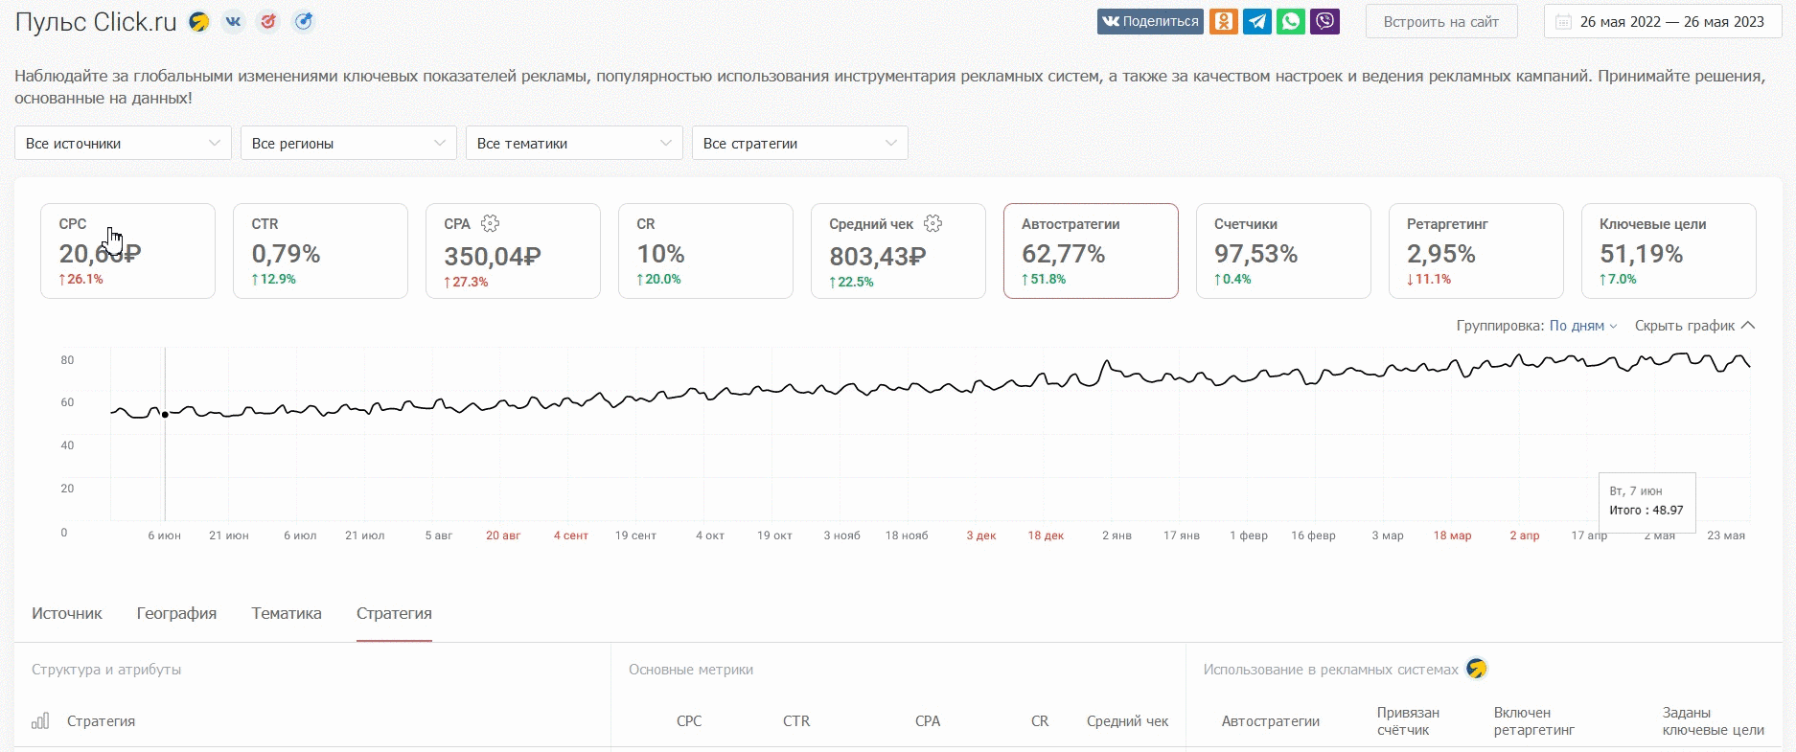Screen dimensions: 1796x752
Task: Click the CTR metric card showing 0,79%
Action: pyautogui.click(x=320, y=251)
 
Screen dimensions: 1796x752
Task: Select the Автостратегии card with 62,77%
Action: pyautogui.click(x=1091, y=251)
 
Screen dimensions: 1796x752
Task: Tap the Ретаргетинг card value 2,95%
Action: pyautogui.click(x=1440, y=254)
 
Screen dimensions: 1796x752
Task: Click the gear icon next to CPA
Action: pyautogui.click(x=490, y=223)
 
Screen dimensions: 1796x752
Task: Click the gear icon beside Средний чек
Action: pyautogui.click(x=933, y=223)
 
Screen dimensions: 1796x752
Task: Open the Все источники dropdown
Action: pyautogui.click(x=123, y=143)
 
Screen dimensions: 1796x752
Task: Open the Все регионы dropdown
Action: pyautogui.click(x=349, y=143)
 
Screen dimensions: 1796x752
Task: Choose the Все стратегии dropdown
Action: pyautogui.click(x=800, y=143)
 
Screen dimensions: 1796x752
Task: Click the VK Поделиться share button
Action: pyautogui.click(x=1150, y=21)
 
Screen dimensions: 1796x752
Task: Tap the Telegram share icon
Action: pyautogui.click(x=1257, y=21)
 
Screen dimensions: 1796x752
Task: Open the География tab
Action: pyautogui.click(x=176, y=613)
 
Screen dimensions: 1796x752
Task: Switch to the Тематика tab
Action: pyautogui.click(x=287, y=613)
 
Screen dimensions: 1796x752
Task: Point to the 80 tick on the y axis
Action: pyautogui.click(x=67, y=360)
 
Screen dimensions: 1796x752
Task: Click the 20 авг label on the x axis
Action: pyautogui.click(x=503, y=536)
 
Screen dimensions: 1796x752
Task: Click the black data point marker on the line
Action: pyautogui.click(x=165, y=414)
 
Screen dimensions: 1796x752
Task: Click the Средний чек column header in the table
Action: pyautogui.click(x=1127, y=721)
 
